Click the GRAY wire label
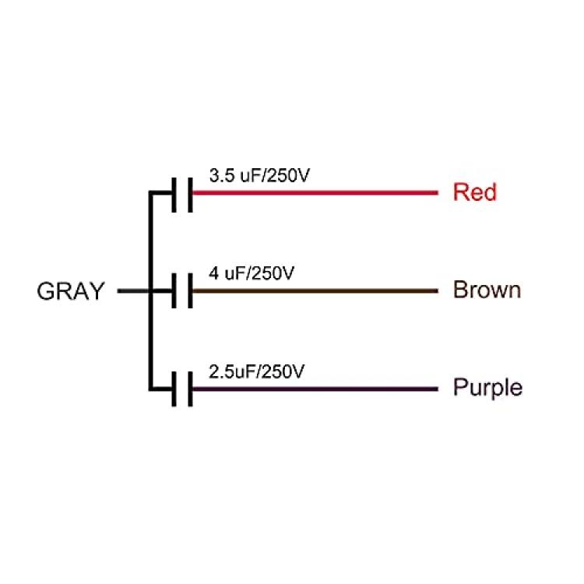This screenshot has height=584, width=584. coord(70,291)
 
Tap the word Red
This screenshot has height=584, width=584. coord(475,192)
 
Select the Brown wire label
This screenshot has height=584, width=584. coord(487,290)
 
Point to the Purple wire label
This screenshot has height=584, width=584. coord(488,389)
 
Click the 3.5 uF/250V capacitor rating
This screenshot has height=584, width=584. coord(259,175)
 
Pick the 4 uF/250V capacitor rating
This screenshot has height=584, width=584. coord(252,273)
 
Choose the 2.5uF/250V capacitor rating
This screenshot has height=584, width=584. coord(257,371)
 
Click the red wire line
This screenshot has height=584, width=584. coord(315,192)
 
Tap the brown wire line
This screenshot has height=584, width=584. coord(315,291)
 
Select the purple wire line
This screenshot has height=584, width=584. coord(315,389)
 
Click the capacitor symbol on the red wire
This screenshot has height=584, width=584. coord(182,195)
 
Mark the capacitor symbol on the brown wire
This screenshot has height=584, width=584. coord(182,291)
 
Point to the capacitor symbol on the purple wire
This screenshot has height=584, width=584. coord(182,389)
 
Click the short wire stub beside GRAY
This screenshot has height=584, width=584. coord(133,291)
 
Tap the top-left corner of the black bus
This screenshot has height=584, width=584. coord(150,192)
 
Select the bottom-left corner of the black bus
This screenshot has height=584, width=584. coord(150,389)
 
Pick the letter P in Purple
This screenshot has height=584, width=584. coord(460,386)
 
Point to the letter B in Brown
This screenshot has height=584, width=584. coord(460,290)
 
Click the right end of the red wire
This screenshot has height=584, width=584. coord(438,192)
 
